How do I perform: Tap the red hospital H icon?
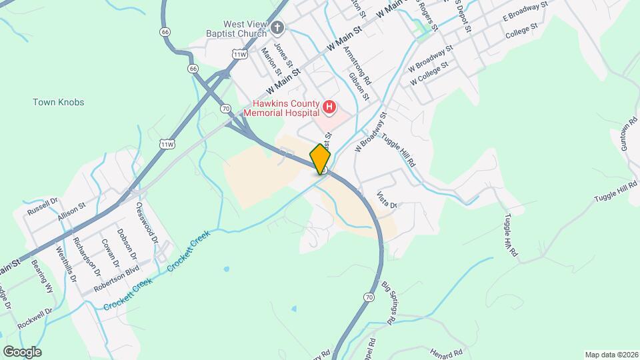[329, 107]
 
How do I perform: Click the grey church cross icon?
[277, 28]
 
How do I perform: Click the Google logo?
[21, 352]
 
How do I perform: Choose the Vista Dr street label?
[387, 199]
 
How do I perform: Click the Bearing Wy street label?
[41, 278]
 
